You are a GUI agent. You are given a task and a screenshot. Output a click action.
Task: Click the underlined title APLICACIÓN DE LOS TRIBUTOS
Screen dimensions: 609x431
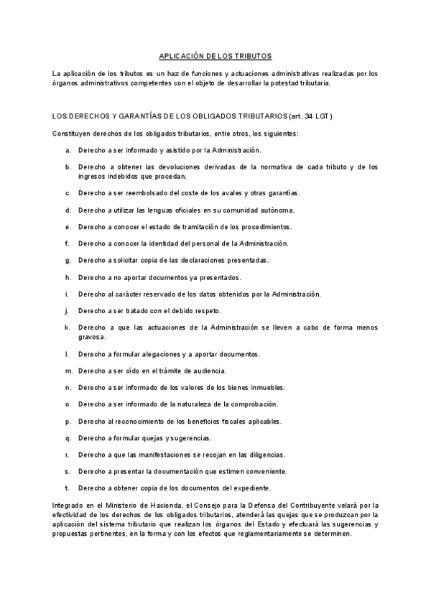click(x=215, y=55)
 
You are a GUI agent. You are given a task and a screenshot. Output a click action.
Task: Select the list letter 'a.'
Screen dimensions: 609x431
click(x=68, y=150)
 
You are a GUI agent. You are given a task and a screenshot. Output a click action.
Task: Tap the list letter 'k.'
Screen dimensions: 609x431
click(x=68, y=327)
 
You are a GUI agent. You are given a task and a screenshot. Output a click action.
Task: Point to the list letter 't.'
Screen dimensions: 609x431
click(x=68, y=488)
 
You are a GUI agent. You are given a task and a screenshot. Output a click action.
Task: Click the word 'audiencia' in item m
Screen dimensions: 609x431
click(x=208, y=371)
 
